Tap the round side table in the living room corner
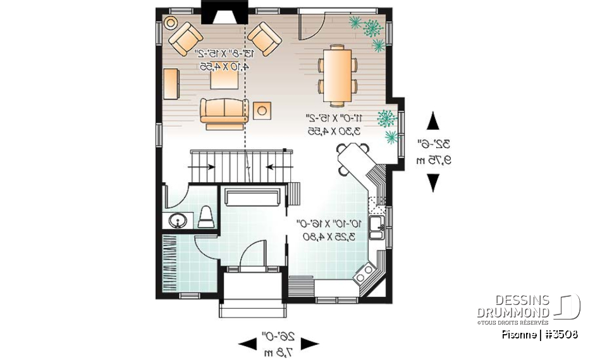(170, 22)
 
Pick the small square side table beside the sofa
(262, 111)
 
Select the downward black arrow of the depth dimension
(433, 182)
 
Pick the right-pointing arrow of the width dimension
(310, 344)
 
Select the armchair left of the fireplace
(186, 38)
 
